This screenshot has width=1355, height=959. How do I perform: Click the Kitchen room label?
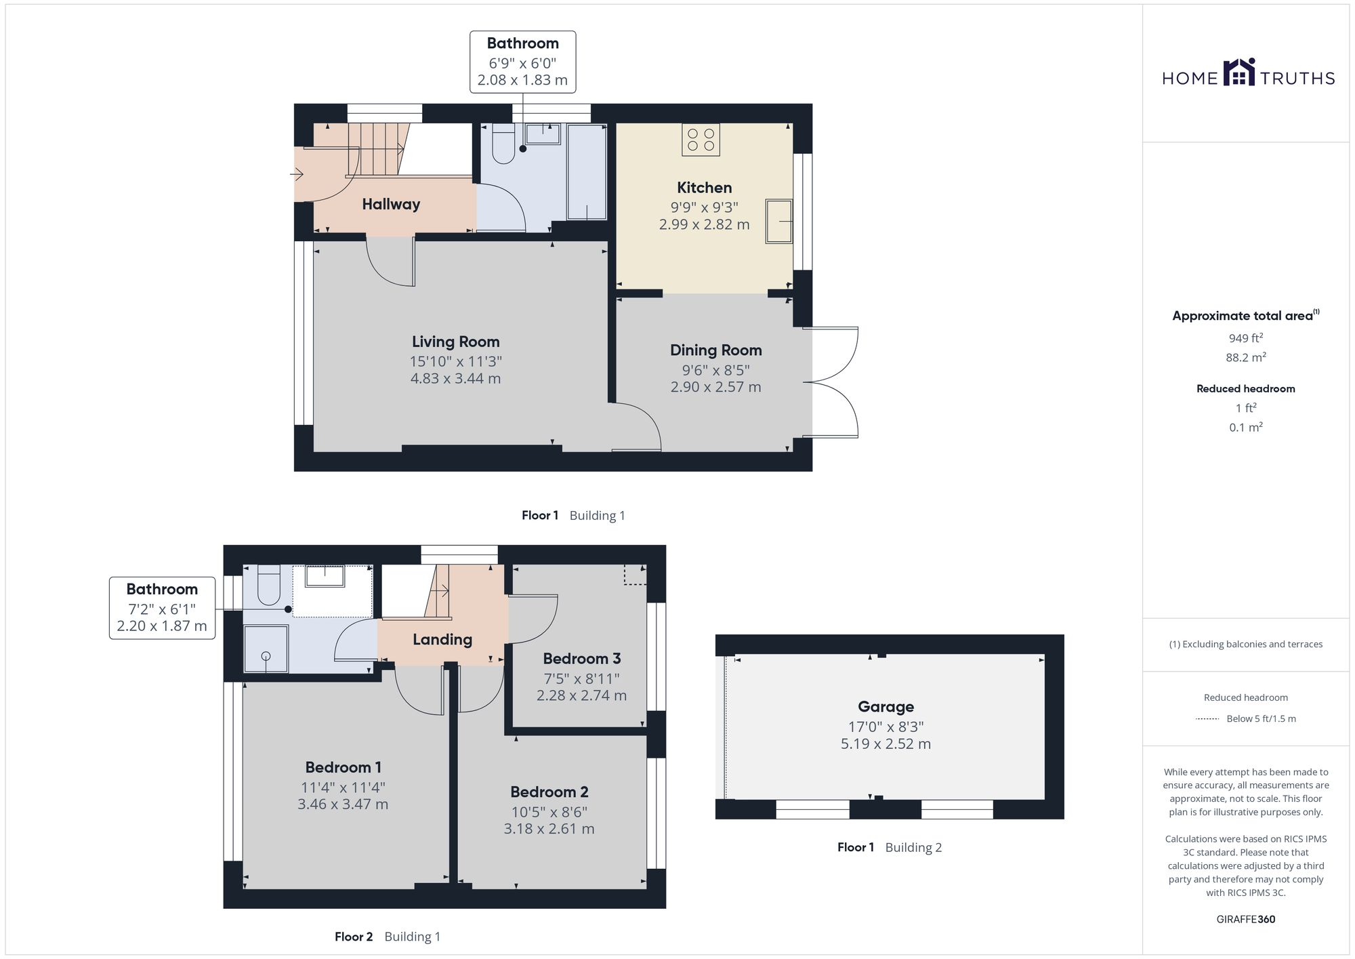704,188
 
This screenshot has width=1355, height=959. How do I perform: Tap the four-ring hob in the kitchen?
701,140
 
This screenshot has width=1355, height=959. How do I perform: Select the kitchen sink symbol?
778,221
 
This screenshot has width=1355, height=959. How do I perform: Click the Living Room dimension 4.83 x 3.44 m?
455,379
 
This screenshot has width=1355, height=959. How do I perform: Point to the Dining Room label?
715,350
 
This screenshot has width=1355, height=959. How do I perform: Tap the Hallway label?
390,204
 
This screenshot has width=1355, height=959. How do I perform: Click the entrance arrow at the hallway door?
297,175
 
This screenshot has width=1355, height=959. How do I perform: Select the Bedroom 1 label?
343,767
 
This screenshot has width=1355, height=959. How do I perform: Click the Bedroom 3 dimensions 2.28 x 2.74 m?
581,695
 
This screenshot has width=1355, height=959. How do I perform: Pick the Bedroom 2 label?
549,792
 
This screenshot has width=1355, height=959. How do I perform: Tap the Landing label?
442,639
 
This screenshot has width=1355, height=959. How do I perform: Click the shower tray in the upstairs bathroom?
266,649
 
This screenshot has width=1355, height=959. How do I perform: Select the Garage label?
885,707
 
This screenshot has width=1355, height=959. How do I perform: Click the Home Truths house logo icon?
1239,73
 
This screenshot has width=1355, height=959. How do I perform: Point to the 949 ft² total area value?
1245,338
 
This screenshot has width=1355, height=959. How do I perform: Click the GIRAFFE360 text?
1245,919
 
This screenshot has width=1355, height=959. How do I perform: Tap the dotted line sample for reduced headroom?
1207,718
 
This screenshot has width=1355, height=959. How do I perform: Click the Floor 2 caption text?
353,937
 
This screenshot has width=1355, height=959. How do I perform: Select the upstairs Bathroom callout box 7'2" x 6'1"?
162,607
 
